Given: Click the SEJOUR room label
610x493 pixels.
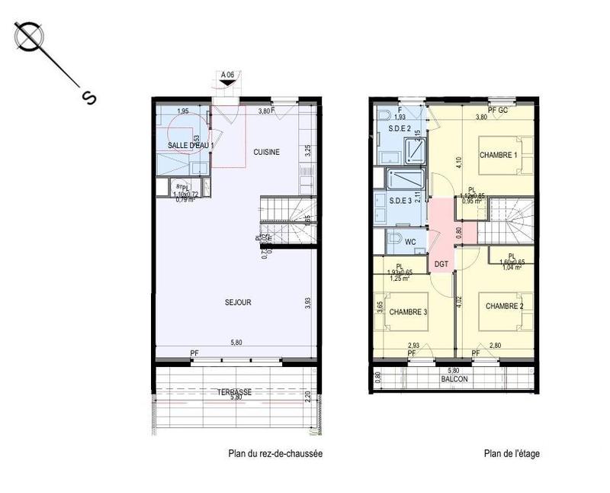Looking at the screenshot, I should pyautogui.click(x=238, y=302).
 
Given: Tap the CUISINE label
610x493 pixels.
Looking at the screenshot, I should pyautogui.click(x=266, y=152).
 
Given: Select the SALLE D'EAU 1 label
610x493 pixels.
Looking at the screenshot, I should pyautogui.click(x=191, y=144).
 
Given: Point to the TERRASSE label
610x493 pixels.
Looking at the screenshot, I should pyautogui.click(x=234, y=391).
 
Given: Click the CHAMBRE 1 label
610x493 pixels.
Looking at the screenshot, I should pyautogui.click(x=498, y=156).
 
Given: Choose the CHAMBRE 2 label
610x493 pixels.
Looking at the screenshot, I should pyautogui.click(x=504, y=306).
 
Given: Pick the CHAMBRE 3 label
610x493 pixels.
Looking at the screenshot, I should pyautogui.click(x=407, y=312).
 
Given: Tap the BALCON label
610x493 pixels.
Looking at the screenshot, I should pyautogui.click(x=454, y=379).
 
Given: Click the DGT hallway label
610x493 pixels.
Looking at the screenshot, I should pyautogui.click(x=441, y=264).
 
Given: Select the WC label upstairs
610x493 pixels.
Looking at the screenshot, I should pyautogui.click(x=410, y=242).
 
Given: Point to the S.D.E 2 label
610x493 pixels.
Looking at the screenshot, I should pyautogui.click(x=400, y=128).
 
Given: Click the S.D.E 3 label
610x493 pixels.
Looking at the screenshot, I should pyautogui.click(x=400, y=201).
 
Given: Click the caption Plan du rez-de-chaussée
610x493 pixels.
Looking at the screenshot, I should pyautogui.click(x=275, y=453).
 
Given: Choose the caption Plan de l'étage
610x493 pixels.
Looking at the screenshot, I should pyautogui.click(x=511, y=453).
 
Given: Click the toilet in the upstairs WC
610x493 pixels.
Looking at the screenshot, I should pyautogui.click(x=393, y=239).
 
